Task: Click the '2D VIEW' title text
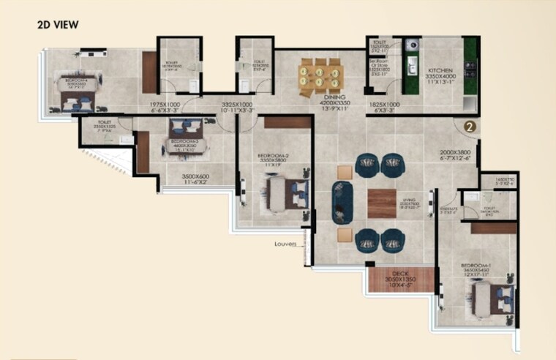coord(58,24)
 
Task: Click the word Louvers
coord(285,244)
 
